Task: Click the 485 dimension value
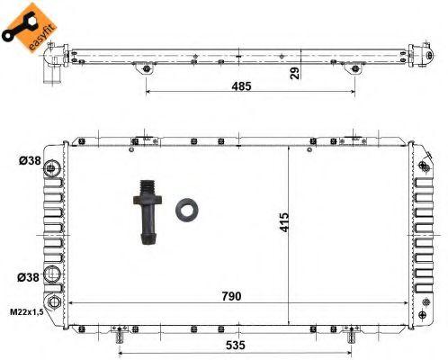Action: (241, 86)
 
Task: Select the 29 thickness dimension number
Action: (295, 73)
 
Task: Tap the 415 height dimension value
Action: (283, 222)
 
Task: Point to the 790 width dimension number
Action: (231, 296)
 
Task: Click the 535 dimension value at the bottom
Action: (236, 346)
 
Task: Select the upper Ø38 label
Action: (30, 161)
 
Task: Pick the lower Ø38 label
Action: (28, 277)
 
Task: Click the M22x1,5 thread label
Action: (27, 312)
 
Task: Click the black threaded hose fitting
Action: (148, 212)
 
